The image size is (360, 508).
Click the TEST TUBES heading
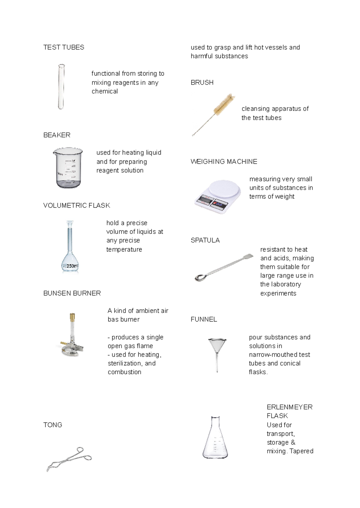64,47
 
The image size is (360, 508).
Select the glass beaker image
68,168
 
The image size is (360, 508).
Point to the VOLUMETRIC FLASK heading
76,205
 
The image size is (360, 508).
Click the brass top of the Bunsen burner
72,317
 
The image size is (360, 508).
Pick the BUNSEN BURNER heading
72,293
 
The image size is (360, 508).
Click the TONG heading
53,425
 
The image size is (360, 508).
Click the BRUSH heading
202,82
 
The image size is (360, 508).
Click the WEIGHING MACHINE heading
224,162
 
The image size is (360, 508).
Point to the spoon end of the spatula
199,277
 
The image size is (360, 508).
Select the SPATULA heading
205,240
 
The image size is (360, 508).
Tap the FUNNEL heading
204,319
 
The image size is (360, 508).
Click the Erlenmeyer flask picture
215,438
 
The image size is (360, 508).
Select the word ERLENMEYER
289,407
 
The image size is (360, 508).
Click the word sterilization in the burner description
124,363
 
